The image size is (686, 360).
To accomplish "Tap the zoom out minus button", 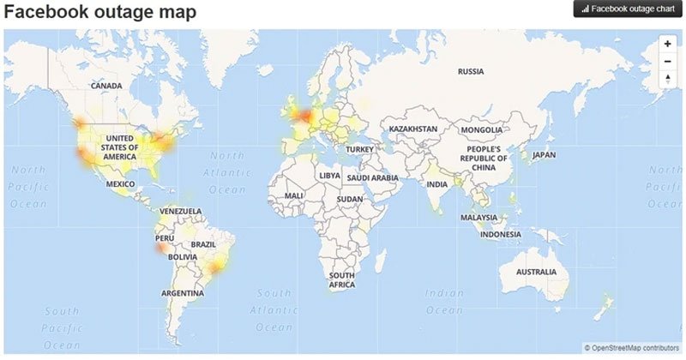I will pyautogui.click(x=667, y=61).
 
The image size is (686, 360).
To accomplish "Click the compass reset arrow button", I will pyautogui.click(x=667, y=78).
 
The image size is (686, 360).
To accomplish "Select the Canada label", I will pyautogui.click(x=107, y=86).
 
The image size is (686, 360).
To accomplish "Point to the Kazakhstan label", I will pyautogui.click(x=413, y=129).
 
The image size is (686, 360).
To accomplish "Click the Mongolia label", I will pyautogui.click(x=481, y=129).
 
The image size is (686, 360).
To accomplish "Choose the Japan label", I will pyautogui.click(x=545, y=155).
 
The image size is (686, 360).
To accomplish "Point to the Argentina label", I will pyautogui.click(x=183, y=293).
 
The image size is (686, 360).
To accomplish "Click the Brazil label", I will pyautogui.click(x=203, y=244).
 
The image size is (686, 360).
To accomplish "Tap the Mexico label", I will pyautogui.click(x=121, y=184).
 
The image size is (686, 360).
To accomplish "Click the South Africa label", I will pyautogui.click(x=342, y=279).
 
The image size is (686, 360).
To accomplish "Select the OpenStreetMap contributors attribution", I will pyautogui.click(x=632, y=348).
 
